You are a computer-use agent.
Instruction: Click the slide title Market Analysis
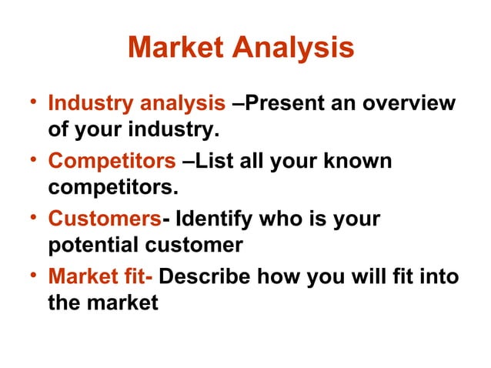[241, 48]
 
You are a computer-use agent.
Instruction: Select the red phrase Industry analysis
[136, 103]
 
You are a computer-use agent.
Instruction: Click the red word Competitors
[112, 162]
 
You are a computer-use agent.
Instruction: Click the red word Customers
[104, 219]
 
